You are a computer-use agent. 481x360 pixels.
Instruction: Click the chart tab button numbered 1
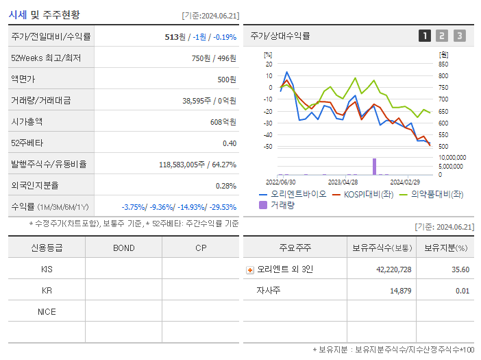click(x=425, y=36)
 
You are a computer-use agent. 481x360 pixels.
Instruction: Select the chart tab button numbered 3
click(x=459, y=36)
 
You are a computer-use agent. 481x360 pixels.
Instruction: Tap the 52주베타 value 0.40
click(x=229, y=143)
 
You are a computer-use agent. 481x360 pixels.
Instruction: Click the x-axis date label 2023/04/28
click(x=343, y=182)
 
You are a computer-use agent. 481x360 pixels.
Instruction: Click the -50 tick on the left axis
click(x=268, y=147)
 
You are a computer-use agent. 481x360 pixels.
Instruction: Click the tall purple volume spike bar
click(x=374, y=166)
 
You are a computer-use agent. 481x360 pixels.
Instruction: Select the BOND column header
click(x=123, y=248)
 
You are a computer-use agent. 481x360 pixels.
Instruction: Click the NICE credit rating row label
click(x=47, y=311)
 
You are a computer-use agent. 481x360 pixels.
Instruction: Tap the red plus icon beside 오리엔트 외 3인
click(x=249, y=269)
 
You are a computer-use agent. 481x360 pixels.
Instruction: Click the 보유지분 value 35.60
click(x=460, y=269)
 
